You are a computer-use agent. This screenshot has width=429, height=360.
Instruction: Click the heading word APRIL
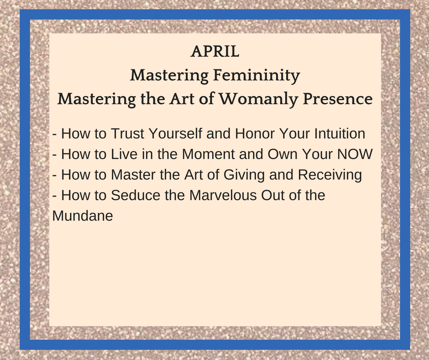click(215, 51)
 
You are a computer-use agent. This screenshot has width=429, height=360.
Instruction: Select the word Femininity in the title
click(256, 75)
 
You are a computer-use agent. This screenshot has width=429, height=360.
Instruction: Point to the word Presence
click(338, 99)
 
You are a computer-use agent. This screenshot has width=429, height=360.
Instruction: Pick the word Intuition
click(340, 133)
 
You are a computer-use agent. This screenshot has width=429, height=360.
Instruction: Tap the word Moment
click(208, 154)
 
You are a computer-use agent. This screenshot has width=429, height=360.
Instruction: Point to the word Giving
click(244, 175)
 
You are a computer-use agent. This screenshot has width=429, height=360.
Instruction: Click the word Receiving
click(330, 175)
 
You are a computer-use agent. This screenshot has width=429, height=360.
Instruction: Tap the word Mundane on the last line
click(82, 216)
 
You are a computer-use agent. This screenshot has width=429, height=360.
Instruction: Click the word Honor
click(255, 133)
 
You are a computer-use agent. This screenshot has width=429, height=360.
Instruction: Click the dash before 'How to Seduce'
click(54, 196)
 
